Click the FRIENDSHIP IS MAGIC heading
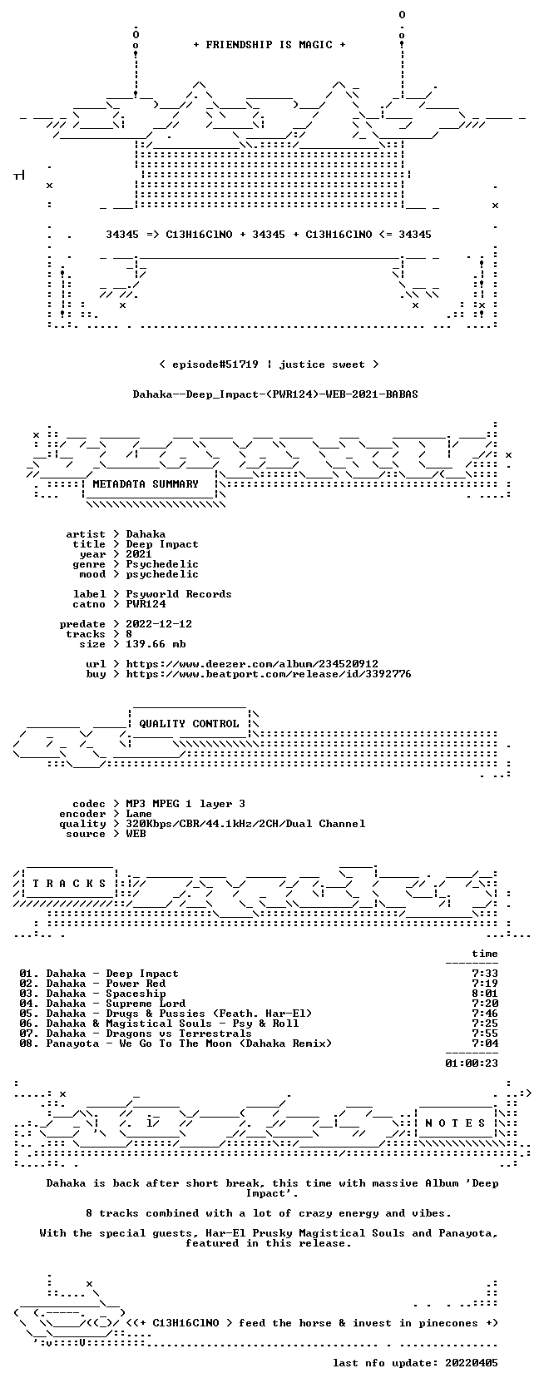tap(269, 45)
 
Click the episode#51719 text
tap(215, 364)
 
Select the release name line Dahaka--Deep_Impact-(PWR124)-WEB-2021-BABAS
tap(275, 394)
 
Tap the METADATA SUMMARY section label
tap(146, 484)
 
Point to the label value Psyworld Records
tap(179, 594)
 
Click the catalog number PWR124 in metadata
tap(146, 604)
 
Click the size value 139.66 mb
tap(156, 644)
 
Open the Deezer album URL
tap(252, 664)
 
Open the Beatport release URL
tap(269, 673)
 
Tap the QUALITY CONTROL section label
tap(189, 724)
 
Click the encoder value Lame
tap(139, 814)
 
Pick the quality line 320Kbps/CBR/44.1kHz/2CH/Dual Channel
tap(245, 824)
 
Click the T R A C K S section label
tap(69, 884)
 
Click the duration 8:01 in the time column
tap(484, 994)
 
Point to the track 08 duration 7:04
tap(484, 1043)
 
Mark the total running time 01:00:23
tap(472, 1063)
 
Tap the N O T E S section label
tap(455, 1123)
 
